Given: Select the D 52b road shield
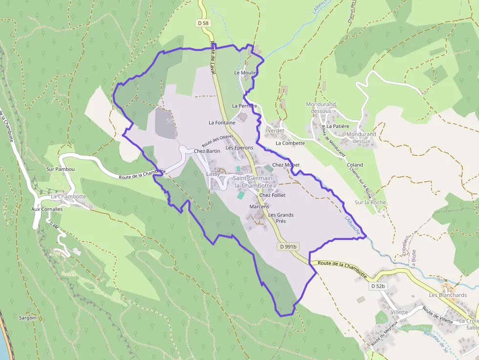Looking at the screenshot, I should [x=378, y=286].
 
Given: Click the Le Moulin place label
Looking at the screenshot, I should [x=245, y=73].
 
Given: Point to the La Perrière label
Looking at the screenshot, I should [x=244, y=106].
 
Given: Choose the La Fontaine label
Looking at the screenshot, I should [x=222, y=123].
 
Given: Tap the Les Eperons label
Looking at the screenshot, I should [x=239, y=148].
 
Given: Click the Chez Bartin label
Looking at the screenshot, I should [x=207, y=151].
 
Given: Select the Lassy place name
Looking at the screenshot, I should [x=213, y=174].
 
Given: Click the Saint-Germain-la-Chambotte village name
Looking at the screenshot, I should [x=253, y=182].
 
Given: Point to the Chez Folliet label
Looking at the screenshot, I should [x=272, y=195].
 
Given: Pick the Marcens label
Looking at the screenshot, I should [x=259, y=207].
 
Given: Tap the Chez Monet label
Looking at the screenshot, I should [x=286, y=165].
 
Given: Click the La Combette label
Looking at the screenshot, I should [x=290, y=143].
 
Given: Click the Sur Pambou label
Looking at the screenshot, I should [x=60, y=169].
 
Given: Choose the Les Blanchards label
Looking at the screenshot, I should [x=448, y=295].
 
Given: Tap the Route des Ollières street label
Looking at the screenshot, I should [x=218, y=141].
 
